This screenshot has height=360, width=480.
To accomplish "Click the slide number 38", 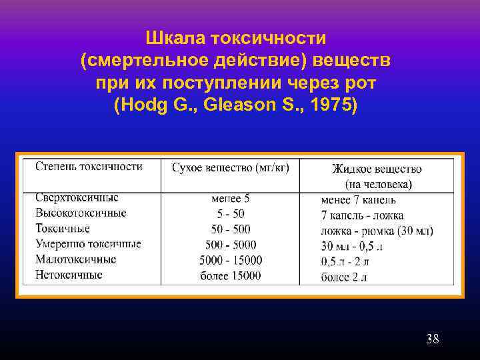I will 432,339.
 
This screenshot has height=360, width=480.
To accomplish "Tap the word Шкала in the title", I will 178,37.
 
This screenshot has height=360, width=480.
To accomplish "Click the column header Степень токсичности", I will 89,167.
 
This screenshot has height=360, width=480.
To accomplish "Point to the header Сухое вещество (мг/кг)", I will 231,168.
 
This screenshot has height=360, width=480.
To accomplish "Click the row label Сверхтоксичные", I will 77,198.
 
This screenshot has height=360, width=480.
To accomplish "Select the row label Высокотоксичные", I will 81,213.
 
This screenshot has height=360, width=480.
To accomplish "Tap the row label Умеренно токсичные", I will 88,244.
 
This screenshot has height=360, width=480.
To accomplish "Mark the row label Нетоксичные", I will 69,274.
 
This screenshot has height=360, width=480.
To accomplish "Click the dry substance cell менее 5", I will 230,199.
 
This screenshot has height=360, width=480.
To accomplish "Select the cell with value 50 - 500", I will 231,229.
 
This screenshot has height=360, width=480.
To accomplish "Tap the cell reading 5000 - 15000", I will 231,260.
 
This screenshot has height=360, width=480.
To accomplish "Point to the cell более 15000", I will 231,275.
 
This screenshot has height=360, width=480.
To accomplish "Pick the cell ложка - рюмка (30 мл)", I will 377,231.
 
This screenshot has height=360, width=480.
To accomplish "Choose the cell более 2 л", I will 344,277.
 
